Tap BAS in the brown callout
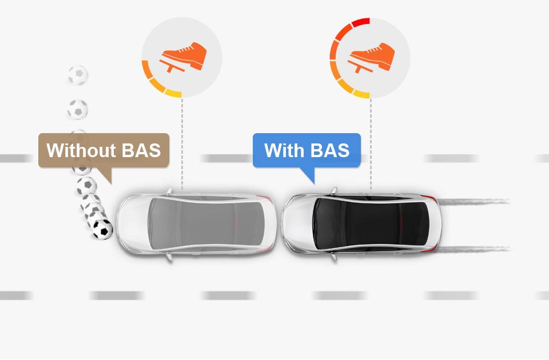[x=141, y=150]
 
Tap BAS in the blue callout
[x=330, y=150]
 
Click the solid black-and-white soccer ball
[x=102, y=230]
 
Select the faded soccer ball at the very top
[x=78, y=75]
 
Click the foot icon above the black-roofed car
[x=371, y=57]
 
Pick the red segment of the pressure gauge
[x=361, y=22]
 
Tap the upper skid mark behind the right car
[x=473, y=201]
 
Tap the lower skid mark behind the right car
[x=473, y=249]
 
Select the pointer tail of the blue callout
[x=309, y=174]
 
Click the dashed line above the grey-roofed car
[x=182, y=144]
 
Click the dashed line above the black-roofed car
[x=371, y=145]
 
